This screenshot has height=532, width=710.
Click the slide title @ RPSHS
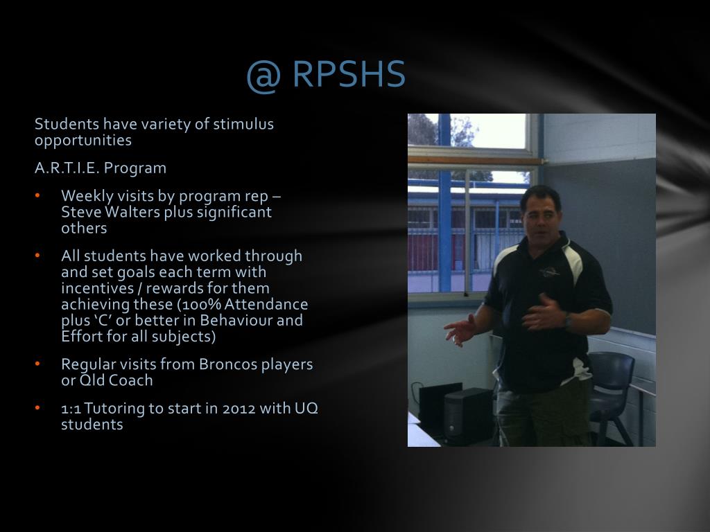click(325, 75)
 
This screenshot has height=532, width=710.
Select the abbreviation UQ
click(306, 409)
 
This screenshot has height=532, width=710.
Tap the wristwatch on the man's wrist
click(567, 319)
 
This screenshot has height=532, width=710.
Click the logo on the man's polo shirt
click(550, 272)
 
